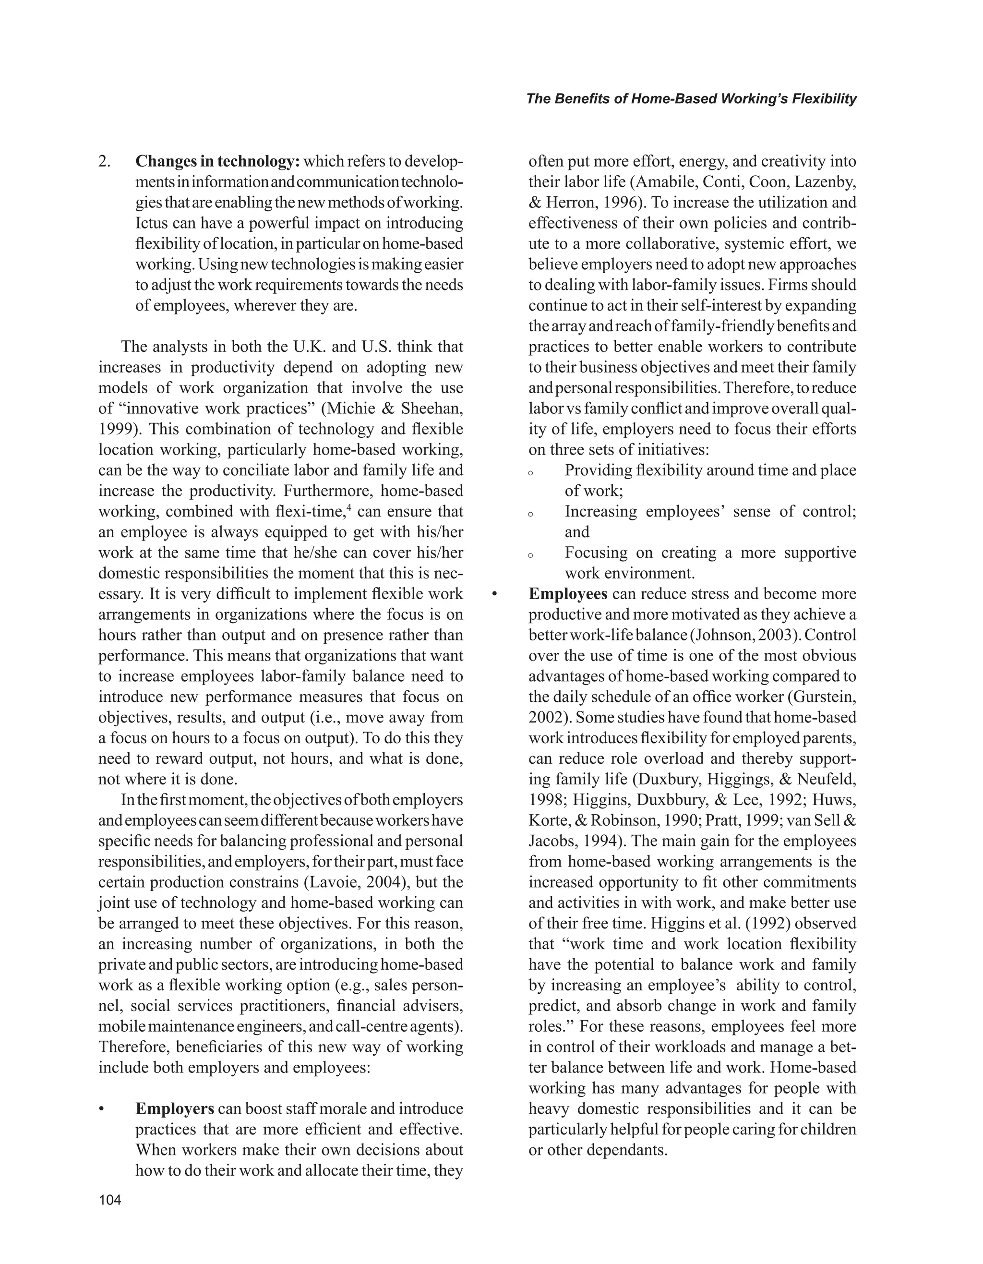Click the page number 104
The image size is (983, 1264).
click(x=110, y=1200)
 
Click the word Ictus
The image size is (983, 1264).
click(x=152, y=223)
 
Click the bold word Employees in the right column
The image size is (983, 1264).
click(x=568, y=594)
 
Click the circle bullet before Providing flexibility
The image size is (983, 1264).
click(x=530, y=472)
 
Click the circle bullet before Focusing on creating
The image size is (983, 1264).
click(x=530, y=554)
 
